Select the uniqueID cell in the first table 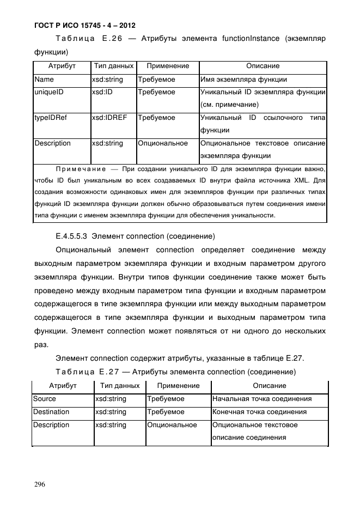[x=49, y=92]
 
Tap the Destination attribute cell [x=51, y=412]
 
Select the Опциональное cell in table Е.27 [x=172, y=425]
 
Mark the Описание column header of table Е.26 [x=263, y=66]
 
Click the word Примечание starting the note [x=76, y=169]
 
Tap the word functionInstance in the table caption [x=252, y=39]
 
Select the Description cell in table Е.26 [x=52, y=143]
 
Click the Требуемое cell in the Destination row [x=166, y=412]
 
